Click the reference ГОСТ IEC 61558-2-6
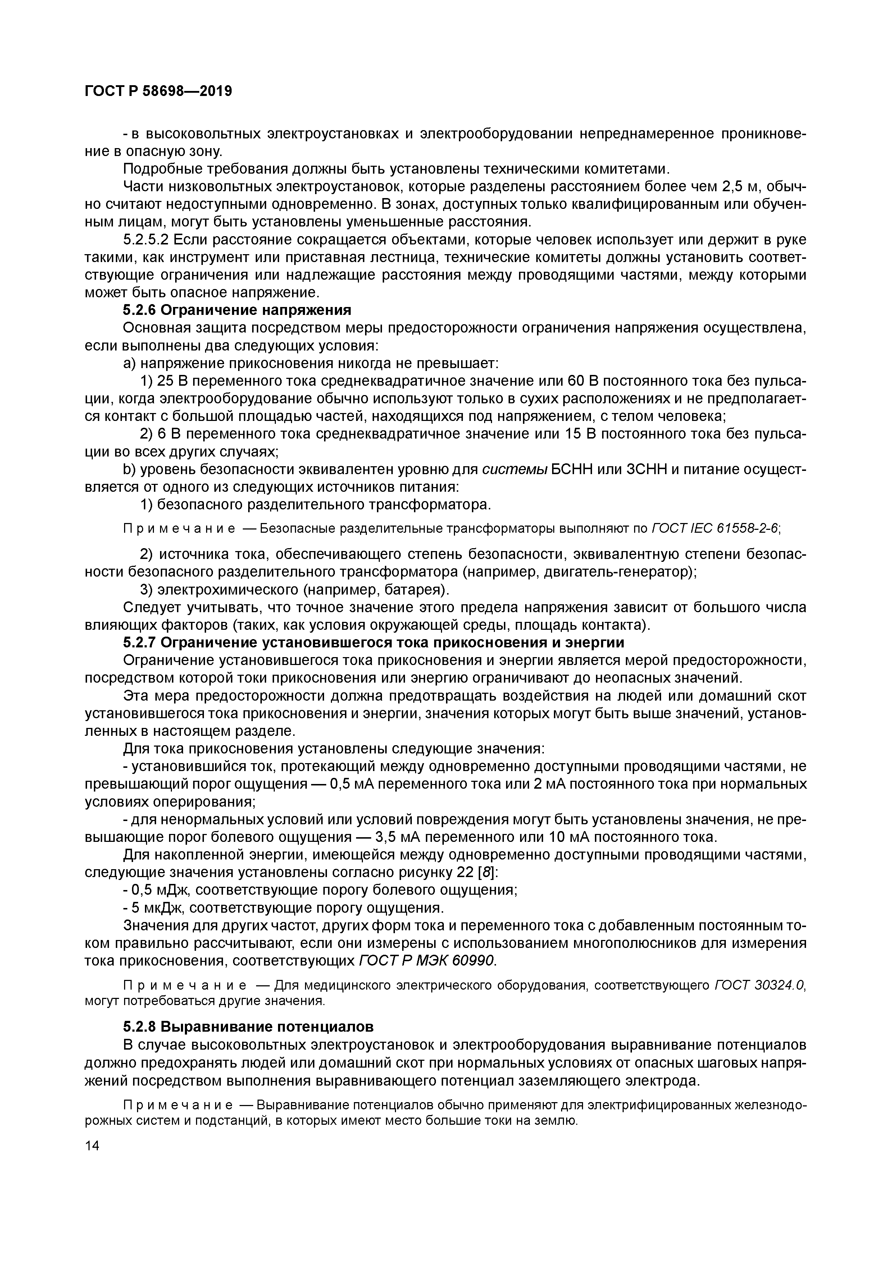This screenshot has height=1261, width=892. click(714, 529)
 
